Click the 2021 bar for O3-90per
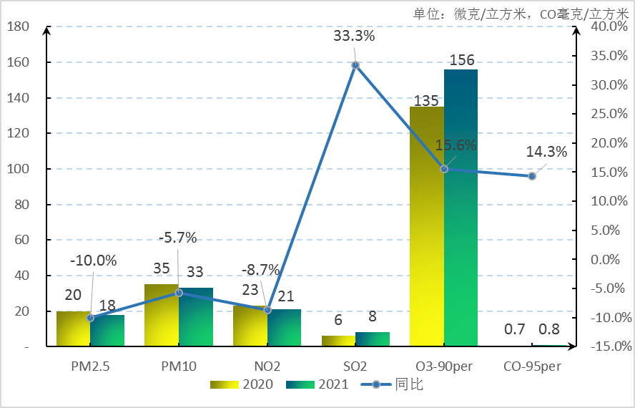461,208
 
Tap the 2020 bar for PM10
162,315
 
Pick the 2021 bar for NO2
284,328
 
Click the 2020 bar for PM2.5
74,329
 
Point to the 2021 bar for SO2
373,339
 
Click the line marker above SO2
355,65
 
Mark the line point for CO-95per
532,175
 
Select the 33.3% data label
354,35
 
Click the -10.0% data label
94,261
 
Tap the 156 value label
461,60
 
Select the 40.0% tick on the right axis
607,26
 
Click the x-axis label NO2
267,366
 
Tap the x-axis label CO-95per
532,366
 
